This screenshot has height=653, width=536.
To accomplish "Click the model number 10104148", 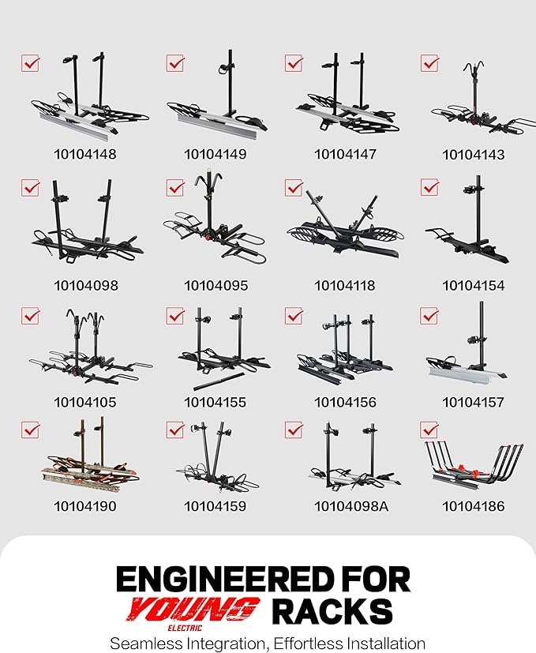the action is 85,154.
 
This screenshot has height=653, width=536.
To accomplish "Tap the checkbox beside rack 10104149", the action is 175,63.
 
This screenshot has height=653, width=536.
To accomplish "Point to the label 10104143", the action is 473,155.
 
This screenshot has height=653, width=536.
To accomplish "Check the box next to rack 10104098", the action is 31,188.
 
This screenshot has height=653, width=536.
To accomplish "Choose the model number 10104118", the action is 344,286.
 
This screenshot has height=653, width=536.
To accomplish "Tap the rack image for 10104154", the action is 467,219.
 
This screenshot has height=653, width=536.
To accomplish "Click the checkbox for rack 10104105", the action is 31,316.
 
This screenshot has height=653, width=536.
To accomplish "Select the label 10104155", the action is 215,402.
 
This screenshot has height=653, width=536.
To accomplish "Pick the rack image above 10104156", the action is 345,347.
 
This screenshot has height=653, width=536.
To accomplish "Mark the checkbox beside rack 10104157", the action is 429,316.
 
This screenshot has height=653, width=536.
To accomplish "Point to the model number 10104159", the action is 215,506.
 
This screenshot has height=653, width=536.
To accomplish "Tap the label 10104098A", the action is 351,506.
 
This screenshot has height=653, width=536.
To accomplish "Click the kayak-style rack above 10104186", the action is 474,462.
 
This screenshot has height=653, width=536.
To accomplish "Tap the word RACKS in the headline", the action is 332,611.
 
